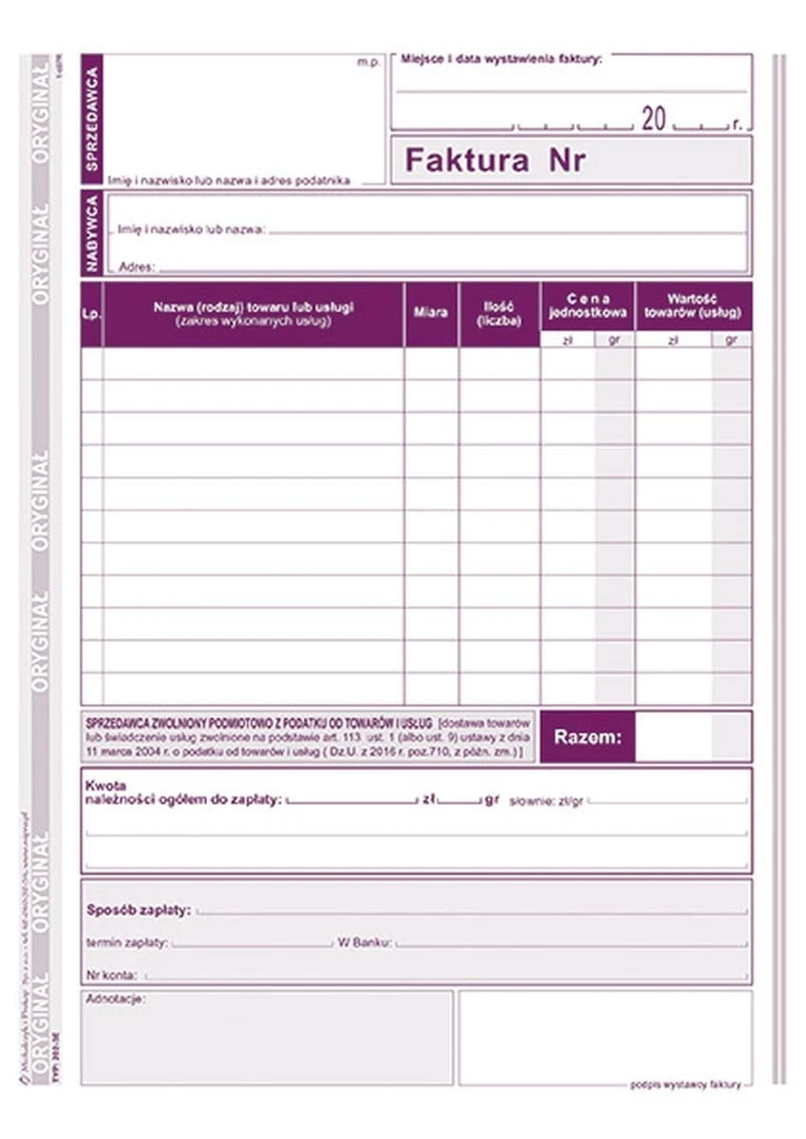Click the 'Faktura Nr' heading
495,160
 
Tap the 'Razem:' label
588,738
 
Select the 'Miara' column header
431,312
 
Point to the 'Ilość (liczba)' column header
499,313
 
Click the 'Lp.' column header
91,314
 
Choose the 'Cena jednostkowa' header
588,305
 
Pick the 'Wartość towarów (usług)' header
692,305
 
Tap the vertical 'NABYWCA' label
92,233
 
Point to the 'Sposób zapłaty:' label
139,909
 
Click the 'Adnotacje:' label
116,999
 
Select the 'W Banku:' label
365,943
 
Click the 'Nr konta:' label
111,975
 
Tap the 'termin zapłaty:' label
127,943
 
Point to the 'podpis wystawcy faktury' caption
684,1085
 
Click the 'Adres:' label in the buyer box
137,268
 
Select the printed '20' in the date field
654,120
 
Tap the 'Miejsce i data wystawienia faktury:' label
501,59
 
